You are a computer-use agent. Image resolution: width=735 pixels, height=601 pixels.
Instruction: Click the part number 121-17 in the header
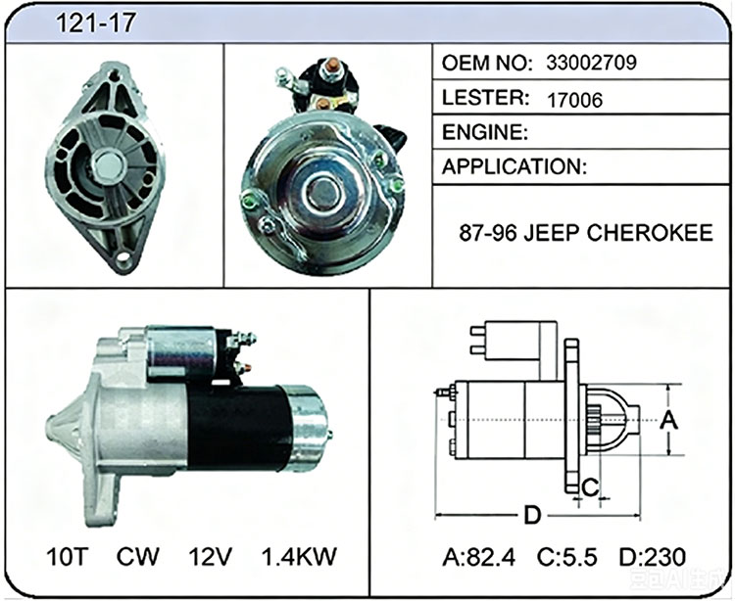click(96, 23)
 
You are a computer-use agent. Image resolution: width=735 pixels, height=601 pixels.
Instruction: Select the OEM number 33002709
click(591, 63)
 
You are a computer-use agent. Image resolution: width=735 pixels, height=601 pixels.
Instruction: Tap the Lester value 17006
click(574, 100)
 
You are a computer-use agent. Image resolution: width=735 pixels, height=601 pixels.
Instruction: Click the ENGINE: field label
click(485, 132)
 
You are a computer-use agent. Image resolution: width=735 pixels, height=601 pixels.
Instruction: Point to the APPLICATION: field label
click(514, 166)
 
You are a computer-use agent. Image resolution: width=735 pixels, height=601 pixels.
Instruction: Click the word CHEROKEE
click(649, 233)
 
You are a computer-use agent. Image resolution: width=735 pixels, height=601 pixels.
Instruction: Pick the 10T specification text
click(68, 556)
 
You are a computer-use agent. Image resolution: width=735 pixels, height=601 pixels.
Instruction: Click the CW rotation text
click(138, 556)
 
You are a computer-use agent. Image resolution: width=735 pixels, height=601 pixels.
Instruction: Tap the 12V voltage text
click(211, 556)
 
